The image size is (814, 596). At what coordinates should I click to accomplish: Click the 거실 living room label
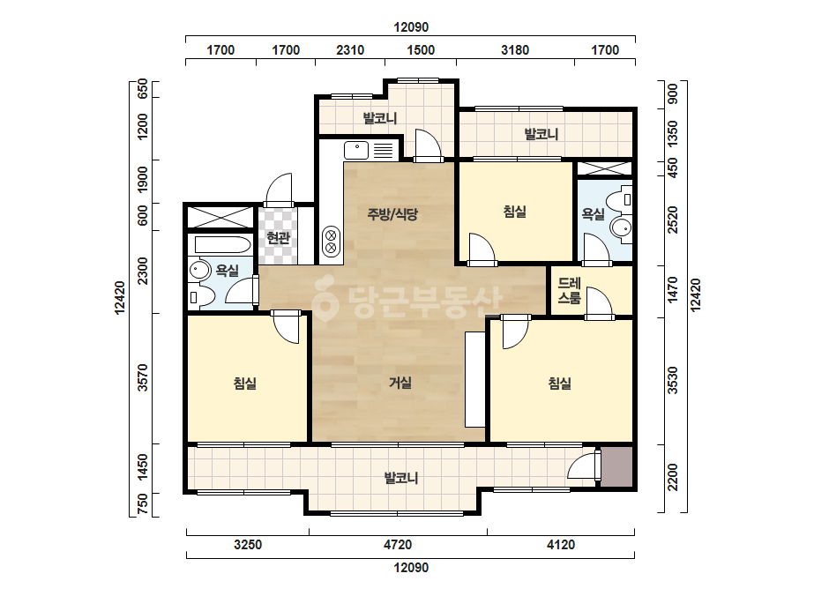click(x=400, y=384)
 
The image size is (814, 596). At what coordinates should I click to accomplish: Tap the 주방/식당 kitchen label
click(x=392, y=214)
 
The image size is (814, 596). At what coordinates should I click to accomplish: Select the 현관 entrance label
click(x=278, y=238)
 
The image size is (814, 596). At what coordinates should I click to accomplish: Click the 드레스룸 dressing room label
click(x=569, y=291)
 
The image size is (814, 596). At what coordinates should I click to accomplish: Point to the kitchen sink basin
click(x=356, y=150)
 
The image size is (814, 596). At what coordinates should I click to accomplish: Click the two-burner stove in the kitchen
click(x=331, y=242)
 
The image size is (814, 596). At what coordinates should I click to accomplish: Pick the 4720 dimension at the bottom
click(x=398, y=545)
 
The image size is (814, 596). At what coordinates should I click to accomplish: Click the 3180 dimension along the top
click(x=515, y=50)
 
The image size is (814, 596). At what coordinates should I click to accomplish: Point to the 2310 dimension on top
click(x=350, y=50)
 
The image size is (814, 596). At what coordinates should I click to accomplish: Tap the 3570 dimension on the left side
click(x=142, y=377)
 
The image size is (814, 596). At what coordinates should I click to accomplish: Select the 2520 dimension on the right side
click(x=673, y=220)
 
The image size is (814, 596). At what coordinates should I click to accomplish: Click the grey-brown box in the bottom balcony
click(x=616, y=466)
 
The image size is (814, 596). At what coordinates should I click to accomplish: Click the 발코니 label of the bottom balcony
click(x=400, y=478)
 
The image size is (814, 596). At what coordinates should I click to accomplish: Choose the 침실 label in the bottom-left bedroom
click(x=244, y=384)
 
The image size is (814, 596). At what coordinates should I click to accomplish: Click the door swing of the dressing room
click(x=599, y=302)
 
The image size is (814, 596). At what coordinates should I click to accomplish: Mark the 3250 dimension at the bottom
click(x=248, y=545)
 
